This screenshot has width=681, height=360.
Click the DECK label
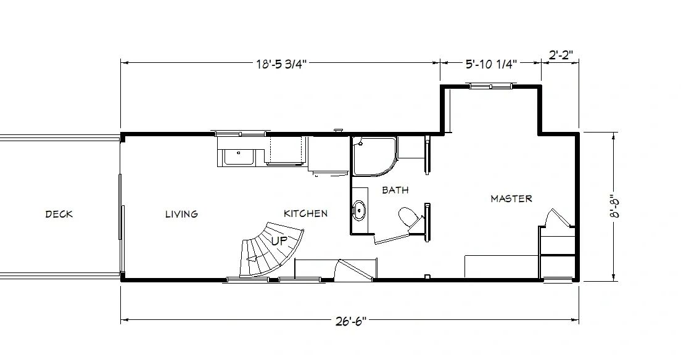point(59,214)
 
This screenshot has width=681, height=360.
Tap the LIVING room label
point(181,214)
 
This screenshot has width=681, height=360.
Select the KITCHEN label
point(305,214)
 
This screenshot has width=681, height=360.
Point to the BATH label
point(395,190)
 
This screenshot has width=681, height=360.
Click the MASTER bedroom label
point(511,199)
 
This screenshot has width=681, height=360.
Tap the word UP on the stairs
point(279,241)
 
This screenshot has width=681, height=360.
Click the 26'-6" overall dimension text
point(351,321)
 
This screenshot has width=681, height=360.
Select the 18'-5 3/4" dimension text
point(281,64)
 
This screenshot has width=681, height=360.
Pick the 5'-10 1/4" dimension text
point(491,65)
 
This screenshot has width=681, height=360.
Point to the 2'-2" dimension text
point(561,55)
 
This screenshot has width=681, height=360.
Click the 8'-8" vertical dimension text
point(616,208)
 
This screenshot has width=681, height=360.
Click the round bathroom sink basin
point(359,210)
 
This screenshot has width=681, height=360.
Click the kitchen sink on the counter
point(238,157)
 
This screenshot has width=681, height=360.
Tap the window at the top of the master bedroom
point(491,86)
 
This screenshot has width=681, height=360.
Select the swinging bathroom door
point(392,238)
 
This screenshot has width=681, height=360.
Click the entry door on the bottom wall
point(354,271)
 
